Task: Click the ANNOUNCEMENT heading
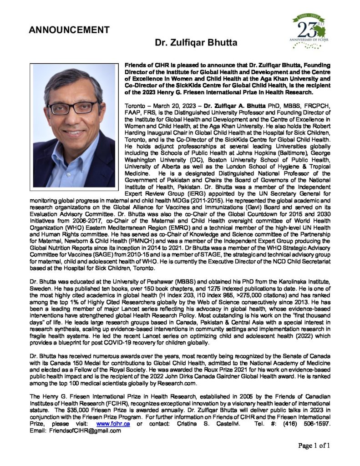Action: click(x=69, y=30)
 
